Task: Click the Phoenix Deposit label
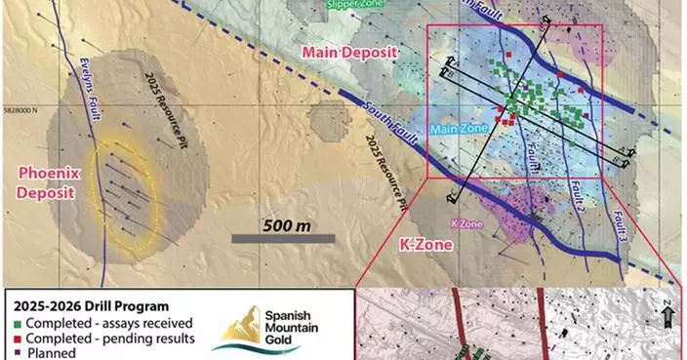(x=45, y=182)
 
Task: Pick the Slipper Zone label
(x=350, y=4)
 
